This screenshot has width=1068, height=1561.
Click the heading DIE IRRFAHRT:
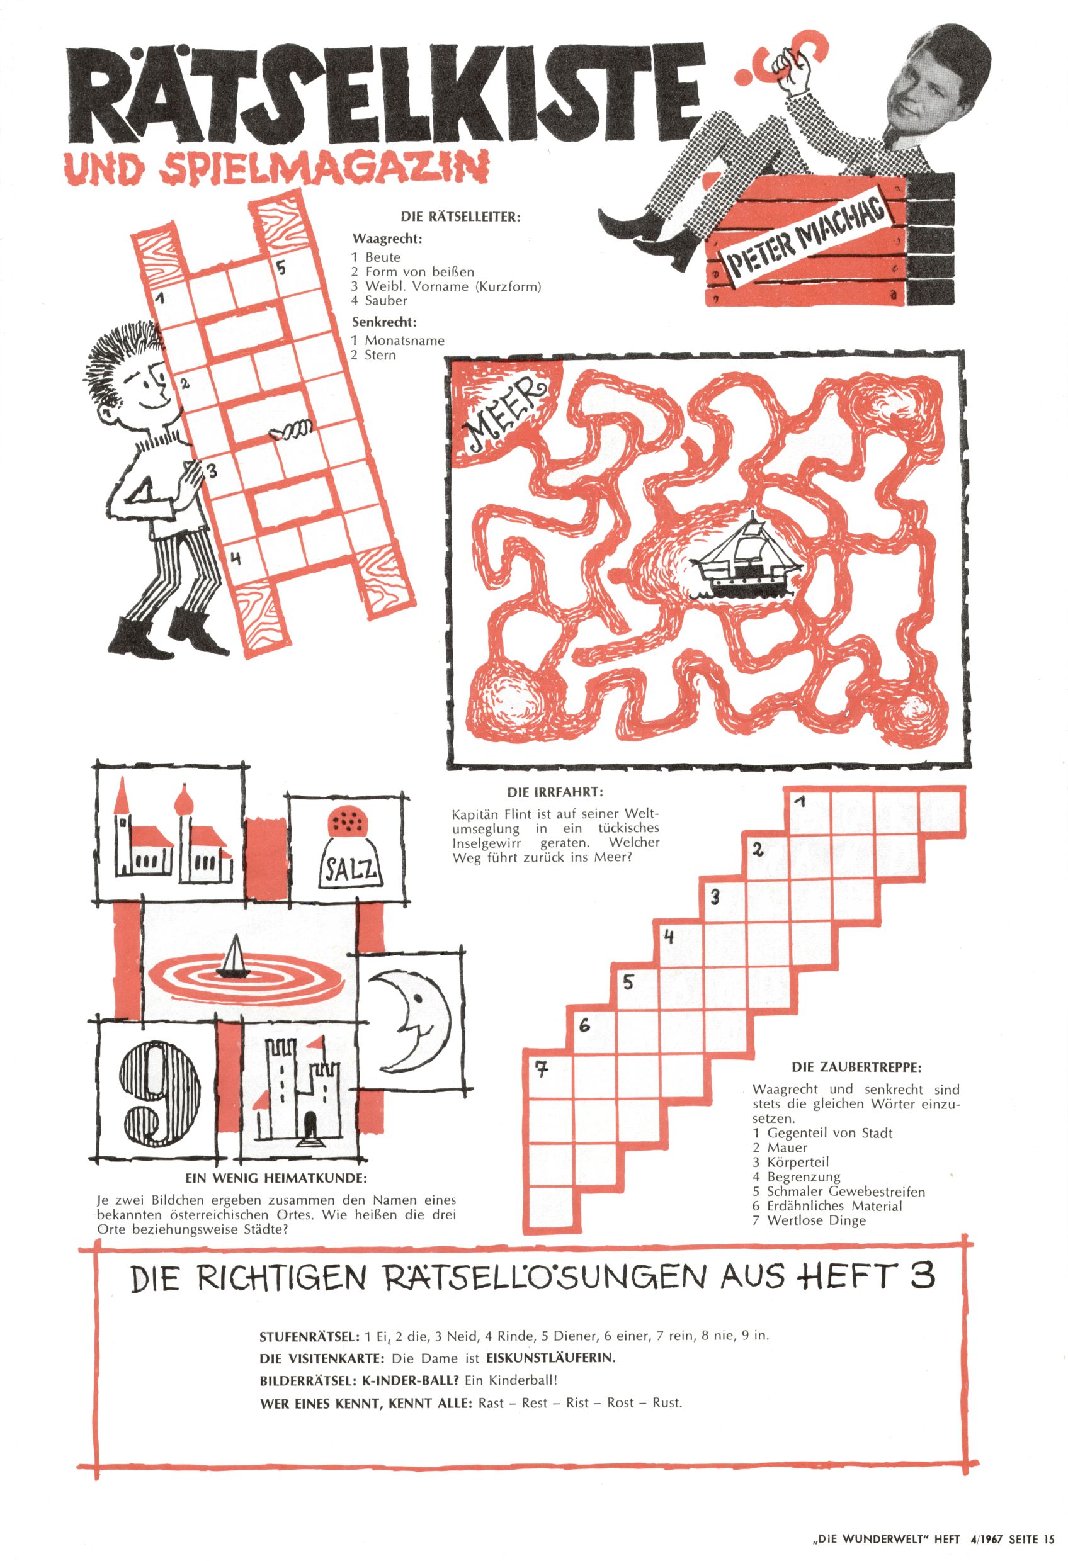coord(555,792)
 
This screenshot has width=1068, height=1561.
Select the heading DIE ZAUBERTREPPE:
coord(856,1068)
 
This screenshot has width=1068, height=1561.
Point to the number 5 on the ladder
coord(281,268)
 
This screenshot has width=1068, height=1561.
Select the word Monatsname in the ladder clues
coord(405,341)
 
